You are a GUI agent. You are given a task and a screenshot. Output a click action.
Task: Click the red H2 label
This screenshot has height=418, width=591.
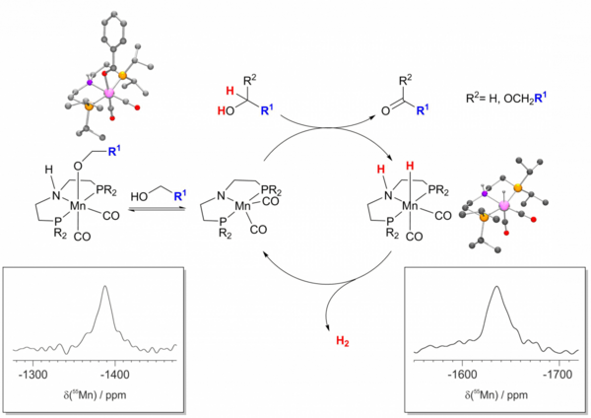click(x=341, y=339)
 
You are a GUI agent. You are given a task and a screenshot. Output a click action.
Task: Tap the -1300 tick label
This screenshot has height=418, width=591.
click(x=33, y=376)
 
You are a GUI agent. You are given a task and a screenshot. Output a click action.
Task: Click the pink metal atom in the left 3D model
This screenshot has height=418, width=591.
click(x=108, y=93)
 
